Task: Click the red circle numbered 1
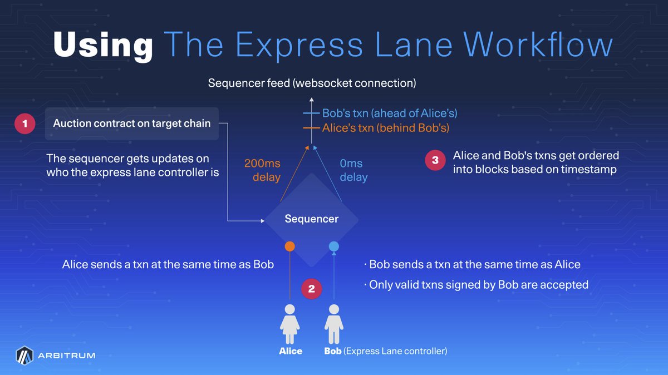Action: pos(24,124)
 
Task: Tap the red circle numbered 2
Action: pos(311,289)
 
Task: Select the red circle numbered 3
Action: pos(435,160)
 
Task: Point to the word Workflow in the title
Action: pos(538,45)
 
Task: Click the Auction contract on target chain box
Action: pos(132,124)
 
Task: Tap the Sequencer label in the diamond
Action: pos(311,219)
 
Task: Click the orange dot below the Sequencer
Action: pos(289,246)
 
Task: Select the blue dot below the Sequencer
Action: pos(333,246)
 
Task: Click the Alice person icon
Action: pos(289,324)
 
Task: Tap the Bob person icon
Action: pos(333,324)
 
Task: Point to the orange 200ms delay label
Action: pos(262,170)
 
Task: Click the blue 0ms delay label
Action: pos(353,170)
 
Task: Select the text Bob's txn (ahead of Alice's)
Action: pos(390,114)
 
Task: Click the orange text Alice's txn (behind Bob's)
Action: pos(386,128)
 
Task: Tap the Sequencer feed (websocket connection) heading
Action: pos(312,83)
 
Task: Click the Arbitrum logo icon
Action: pos(24,356)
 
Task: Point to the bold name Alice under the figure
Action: pos(291,351)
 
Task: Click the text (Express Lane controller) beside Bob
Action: pos(395,351)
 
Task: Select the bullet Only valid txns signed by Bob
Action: pos(476,285)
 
